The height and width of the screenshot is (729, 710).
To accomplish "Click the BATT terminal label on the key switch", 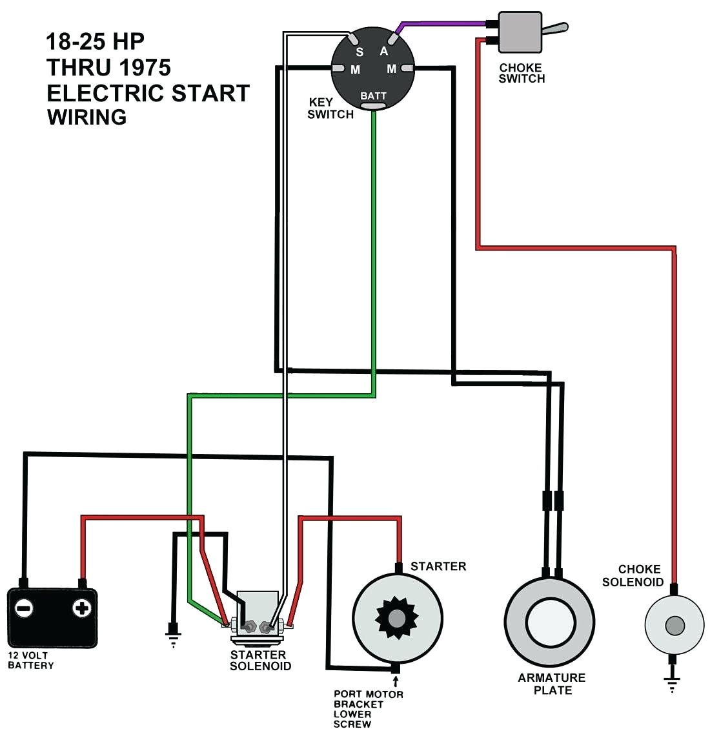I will [x=373, y=96].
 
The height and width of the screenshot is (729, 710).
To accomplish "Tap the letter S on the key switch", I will [x=360, y=52].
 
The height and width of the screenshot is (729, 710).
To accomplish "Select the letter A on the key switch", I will [x=384, y=51].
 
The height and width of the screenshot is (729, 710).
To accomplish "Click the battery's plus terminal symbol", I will [x=81, y=608].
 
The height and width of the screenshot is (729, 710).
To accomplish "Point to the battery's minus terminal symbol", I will [x=25, y=608].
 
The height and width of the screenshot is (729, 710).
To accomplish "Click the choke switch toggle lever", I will [x=554, y=28].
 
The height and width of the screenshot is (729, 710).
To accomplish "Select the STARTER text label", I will [x=438, y=566].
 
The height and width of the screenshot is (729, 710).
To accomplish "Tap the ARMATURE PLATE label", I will [x=552, y=684].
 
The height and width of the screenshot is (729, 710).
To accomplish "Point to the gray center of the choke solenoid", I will [x=674, y=625].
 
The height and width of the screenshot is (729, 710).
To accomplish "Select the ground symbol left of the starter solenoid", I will [x=173, y=635].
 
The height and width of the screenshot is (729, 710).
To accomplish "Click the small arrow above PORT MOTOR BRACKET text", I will [x=396, y=681].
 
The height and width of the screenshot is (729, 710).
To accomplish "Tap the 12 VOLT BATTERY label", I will [x=30, y=660].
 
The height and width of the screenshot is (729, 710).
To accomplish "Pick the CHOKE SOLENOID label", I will [x=633, y=575].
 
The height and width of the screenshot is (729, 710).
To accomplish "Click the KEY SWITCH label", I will [x=330, y=108].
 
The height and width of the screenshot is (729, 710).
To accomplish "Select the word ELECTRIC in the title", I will [x=106, y=94].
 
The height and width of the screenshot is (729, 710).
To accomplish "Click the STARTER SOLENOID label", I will [x=260, y=660].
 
